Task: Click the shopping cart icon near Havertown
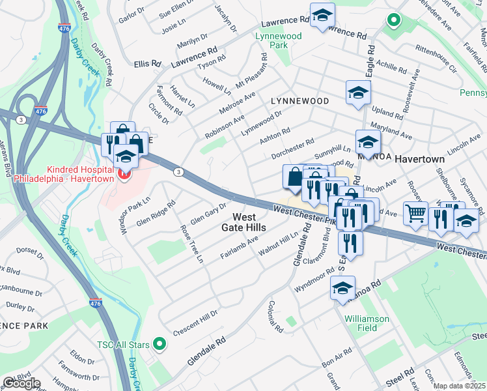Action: [415, 213]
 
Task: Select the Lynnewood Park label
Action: [279, 41]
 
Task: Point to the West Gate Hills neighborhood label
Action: [249, 222]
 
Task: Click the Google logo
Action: [21, 383]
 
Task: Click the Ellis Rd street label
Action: [147, 64]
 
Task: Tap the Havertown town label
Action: [419, 159]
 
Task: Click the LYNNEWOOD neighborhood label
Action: [300, 101]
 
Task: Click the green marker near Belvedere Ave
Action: [393, 20]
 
